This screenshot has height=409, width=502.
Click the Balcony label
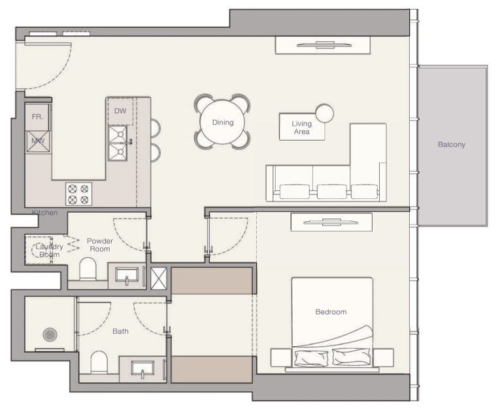coord(452,145)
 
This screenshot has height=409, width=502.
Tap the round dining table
coord(222,122)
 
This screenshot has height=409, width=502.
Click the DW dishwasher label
coord(120,111)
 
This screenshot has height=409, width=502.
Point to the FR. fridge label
coord(37,117)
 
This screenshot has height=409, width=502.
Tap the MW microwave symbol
coord(37,141)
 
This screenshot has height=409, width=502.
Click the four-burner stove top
coord(78,194)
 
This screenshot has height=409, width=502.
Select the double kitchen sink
coord(118,143)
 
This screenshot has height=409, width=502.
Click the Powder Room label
coord(100,245)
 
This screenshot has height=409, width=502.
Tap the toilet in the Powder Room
coord(88,268)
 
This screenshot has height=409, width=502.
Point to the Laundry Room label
coord(49,250)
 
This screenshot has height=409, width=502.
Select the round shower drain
coord(50,334)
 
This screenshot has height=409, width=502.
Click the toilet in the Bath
coord(99,361)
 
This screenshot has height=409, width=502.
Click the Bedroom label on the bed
coord(331,312)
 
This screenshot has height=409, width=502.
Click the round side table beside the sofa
coord(324,113)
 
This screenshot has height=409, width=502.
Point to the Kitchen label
coord(45,213)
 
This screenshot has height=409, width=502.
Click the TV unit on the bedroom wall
coord(331,222)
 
